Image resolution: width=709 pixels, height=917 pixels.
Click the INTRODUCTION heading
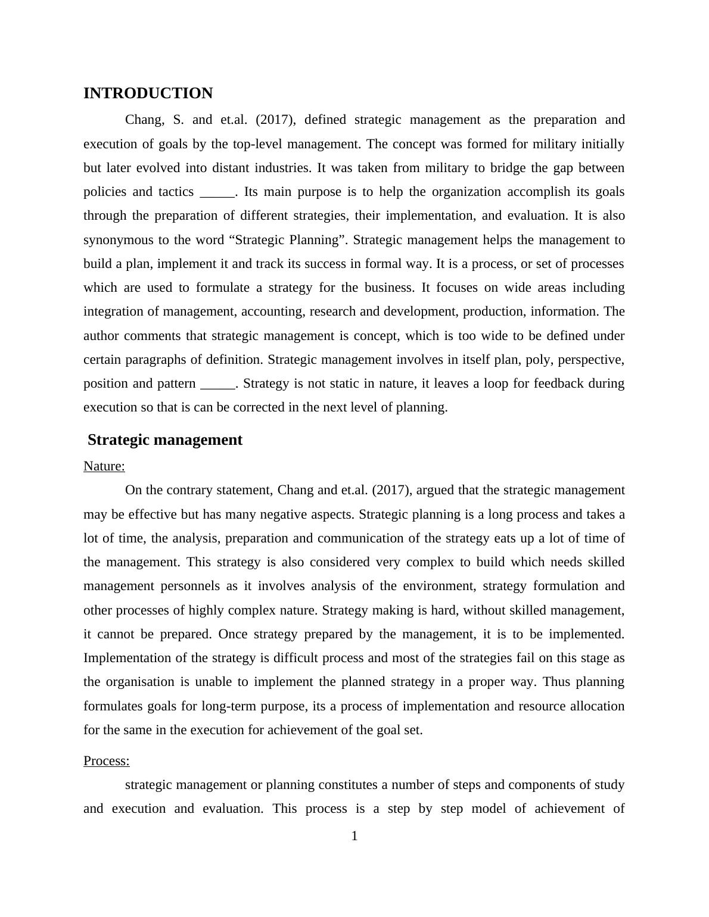[x=148, y=93]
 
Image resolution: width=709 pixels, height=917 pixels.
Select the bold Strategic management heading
[x=165, y=440]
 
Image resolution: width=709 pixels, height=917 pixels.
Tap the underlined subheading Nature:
[x=104, y=466]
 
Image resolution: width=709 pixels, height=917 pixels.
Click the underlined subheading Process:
[x=107, y=761]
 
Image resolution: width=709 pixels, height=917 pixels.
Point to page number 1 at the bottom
[x=354, y=836]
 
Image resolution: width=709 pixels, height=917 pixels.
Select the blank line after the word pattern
[x=218, y=383]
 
